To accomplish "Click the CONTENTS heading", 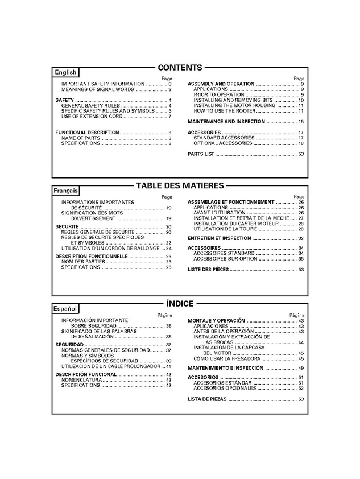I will click(x=180, y=67).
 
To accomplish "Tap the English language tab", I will click(x=65, y=73).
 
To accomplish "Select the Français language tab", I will click(x=66, y=191).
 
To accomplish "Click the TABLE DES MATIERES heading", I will click(x=180, y=185).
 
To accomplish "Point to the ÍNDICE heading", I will click(x=180, y=303).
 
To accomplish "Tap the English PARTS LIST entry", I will click(x=201, y=154).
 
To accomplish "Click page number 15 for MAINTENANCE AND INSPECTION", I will click(x=301, y=122).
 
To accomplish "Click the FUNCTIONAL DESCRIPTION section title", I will click(x=87, y=133).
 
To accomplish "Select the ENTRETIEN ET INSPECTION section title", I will click(x=219, y=238).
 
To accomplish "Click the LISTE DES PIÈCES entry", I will click(x=208, y=270).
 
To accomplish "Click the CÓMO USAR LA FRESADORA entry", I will click(x=227, y=359).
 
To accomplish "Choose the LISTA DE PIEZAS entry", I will click(x=207, y=399).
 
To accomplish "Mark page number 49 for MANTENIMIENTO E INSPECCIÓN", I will click(x=301, y=368).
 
